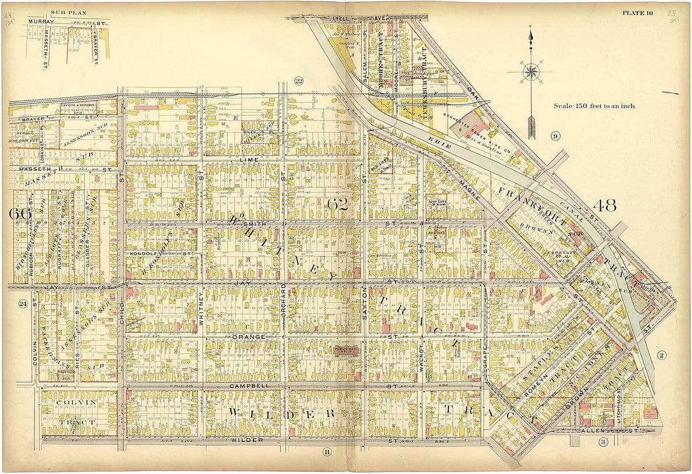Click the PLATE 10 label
(x=638, y=13)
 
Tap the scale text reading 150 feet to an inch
(x=594, y=106)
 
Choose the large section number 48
(x=604, y=205)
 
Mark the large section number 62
(x=337, y=204)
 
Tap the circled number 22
(x=299, y=80)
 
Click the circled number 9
(x=555, y=136)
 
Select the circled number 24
(x=23, y=304)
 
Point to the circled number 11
(x=326, y=451)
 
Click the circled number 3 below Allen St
(x=602, y=443)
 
